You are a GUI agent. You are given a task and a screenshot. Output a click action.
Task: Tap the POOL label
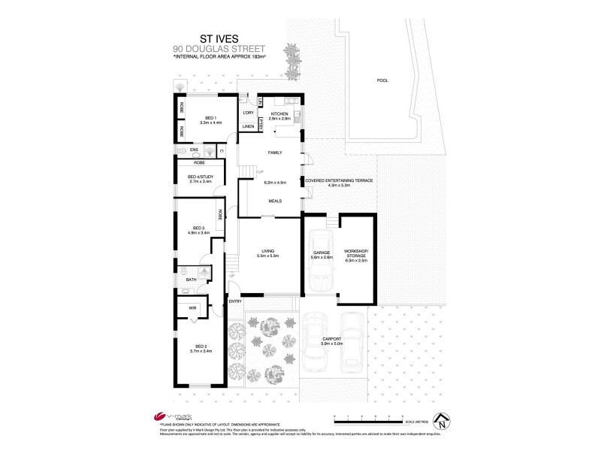click(x=383, y=80)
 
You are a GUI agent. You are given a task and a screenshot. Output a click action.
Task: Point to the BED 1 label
click(x=207, y=118)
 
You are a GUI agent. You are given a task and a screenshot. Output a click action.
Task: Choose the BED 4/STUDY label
click(x=200, y=177)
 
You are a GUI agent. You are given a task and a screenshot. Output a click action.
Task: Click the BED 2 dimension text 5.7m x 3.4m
click(x=201, y=350)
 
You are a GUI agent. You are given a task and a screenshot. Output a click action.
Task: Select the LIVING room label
click(x=269, y=252)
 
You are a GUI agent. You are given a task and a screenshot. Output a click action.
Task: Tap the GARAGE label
click(x=321, y=253)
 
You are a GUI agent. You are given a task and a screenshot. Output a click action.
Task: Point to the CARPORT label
click(x=332, y=338)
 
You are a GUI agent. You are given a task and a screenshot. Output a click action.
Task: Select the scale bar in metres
click(x=367, y=416)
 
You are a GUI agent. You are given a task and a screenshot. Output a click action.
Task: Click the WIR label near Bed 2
click(x=192, y=308)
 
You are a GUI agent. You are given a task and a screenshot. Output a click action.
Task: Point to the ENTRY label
click(x=235, y=301)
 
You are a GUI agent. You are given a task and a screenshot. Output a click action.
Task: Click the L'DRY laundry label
click(x=247, y=113)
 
